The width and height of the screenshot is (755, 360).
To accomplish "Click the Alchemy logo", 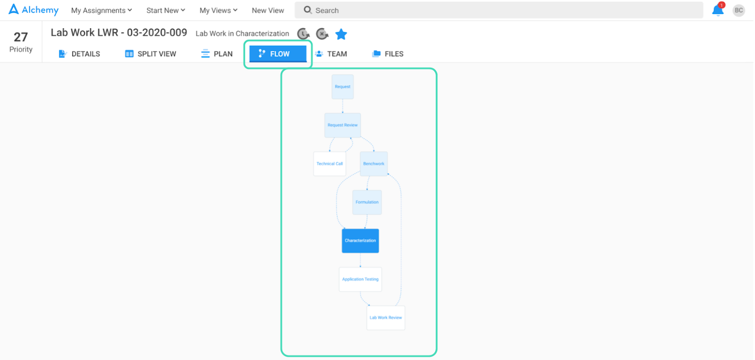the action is [34, 10].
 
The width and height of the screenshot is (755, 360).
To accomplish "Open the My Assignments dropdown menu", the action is [101, 10].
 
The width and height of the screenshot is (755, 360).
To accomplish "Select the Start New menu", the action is [166, 10].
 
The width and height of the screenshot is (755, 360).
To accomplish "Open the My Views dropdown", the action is [218, 10].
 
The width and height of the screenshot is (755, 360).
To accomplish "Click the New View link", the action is [268, 10].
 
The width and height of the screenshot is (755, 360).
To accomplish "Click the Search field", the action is [499, 10].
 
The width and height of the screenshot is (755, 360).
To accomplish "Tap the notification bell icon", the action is [718, 10].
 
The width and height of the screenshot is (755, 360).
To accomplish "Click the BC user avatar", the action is [738, 10].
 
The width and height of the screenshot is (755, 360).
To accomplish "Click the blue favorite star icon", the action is [341, 34].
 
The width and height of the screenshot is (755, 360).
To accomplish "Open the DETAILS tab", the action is [79, 54].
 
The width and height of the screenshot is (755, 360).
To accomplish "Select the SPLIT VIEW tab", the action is [151, 54].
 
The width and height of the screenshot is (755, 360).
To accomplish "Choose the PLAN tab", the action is [217, 54].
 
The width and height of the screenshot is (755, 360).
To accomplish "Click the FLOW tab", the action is [278, 54].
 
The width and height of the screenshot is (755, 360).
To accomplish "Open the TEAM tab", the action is [331, 54].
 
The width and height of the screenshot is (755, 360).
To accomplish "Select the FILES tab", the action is [387, 54].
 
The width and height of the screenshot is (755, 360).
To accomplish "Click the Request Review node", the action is [343, 125].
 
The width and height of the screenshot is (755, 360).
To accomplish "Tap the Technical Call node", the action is [330, 164].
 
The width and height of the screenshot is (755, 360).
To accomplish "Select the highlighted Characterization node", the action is [361, 241].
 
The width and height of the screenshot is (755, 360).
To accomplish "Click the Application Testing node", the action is [361, 279].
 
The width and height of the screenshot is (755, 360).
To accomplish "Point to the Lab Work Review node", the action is [386, 318].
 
